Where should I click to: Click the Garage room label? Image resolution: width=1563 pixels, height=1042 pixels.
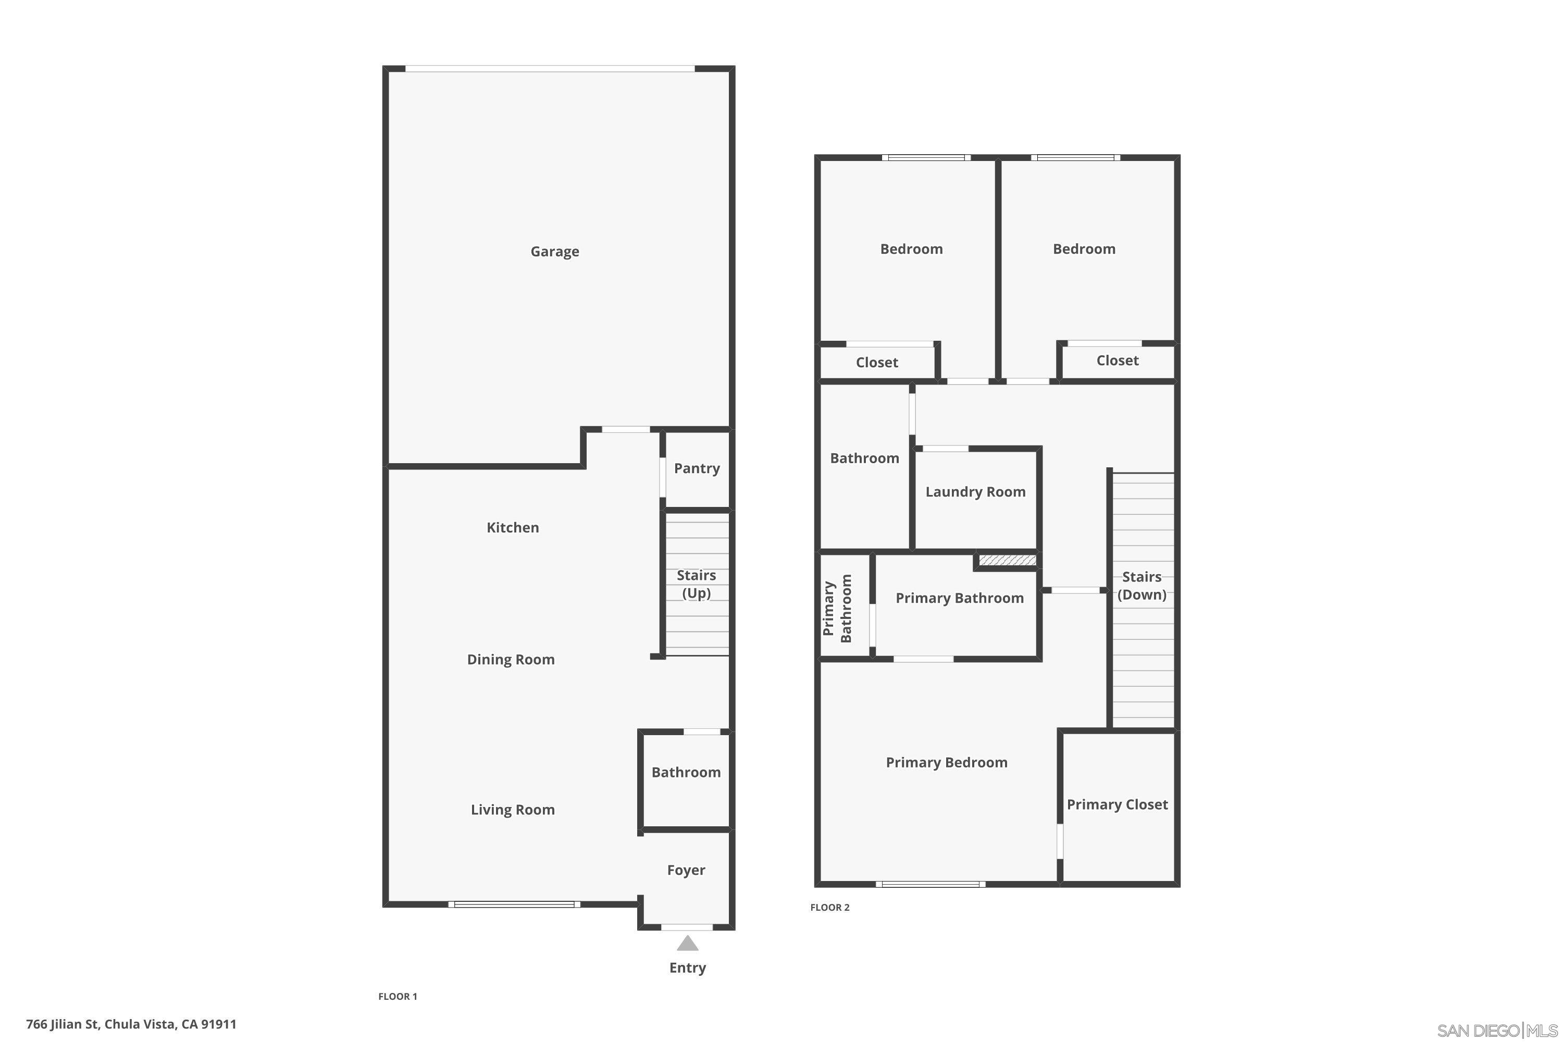tap(554, 251)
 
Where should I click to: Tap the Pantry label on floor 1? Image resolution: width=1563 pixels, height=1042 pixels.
tap(697, 468)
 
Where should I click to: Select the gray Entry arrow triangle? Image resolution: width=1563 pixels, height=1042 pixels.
tap(687, 944)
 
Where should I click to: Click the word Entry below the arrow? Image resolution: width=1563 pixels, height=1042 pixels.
tap(687, 967)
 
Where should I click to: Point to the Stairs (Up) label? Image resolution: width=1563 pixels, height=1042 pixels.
tap(696, 584)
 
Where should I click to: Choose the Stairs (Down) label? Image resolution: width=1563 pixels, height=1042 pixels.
tap(1141, 586)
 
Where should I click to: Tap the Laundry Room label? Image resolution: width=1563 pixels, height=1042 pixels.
tap(975, 492)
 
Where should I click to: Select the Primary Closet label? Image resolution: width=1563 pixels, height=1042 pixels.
tap(1117, 805)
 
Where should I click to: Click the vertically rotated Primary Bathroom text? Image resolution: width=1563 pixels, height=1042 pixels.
tap(837, 609)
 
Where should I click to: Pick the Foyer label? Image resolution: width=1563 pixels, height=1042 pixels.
tap(686, 870)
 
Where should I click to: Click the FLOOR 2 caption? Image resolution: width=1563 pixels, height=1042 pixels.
tap(829, 908)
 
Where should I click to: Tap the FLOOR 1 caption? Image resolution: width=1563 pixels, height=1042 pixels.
tap(398, 996)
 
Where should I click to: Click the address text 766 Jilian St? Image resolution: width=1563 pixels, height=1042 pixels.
tap(131, 1024)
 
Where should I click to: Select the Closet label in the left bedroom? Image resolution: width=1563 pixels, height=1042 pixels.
tap(876, 363)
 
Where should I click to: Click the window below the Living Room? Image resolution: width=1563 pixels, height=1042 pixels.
tap(514, 904)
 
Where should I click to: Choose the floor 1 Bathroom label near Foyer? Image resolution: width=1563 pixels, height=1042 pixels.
tap(686, 772)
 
